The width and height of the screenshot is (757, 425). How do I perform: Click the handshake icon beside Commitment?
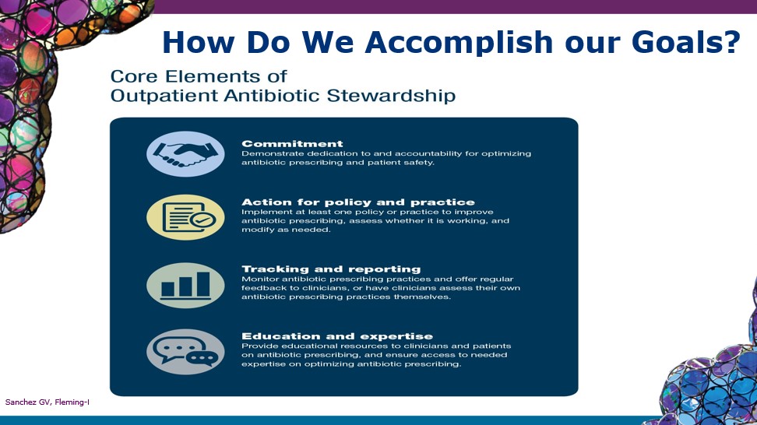[x=185, y=153]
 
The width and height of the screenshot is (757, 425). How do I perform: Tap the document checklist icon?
[x=185, y=217]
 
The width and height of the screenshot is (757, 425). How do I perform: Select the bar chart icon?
[x=185, y=285]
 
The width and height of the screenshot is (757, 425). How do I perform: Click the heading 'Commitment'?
[x=292, y=144]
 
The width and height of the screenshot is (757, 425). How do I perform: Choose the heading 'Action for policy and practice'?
[x=357, y=202]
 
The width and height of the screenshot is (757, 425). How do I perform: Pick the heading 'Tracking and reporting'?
[x=331, y=269]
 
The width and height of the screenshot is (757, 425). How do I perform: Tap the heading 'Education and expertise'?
[x=337, y=336]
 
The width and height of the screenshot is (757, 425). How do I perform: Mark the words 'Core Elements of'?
[x=199, y=77]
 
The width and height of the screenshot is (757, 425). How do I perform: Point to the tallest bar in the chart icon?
[x=202, y=284]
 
